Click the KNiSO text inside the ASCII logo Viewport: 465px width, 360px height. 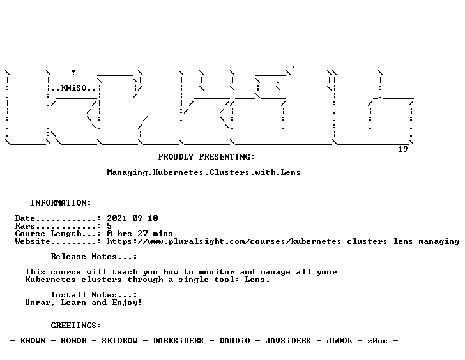pos(74,88)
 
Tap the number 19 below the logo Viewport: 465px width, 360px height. pos(402,149)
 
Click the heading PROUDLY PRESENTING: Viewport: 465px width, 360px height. pos(206,157)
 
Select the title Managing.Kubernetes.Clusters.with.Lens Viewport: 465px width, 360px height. pos(204,172)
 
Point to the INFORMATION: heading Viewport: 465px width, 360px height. pos(61,203)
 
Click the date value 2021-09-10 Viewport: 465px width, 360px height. pos(132,218)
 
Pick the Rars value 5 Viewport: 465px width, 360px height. pos(109,226)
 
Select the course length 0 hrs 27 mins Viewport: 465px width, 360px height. pos(140,234)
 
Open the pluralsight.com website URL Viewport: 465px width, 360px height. pos(283,241)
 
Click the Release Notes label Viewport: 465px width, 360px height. pos(94,257)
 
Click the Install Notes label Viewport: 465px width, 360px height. pos(94,295)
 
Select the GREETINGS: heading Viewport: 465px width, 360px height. pos(76,326)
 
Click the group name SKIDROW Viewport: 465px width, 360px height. pos(119,341)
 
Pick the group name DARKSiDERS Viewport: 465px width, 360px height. pos(178,341)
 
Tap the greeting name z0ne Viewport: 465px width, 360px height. pos(377,341)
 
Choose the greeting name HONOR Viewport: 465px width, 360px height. pos(73,341)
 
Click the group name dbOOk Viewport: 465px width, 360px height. pos(339,341)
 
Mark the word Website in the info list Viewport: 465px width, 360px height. pos(33,241)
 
